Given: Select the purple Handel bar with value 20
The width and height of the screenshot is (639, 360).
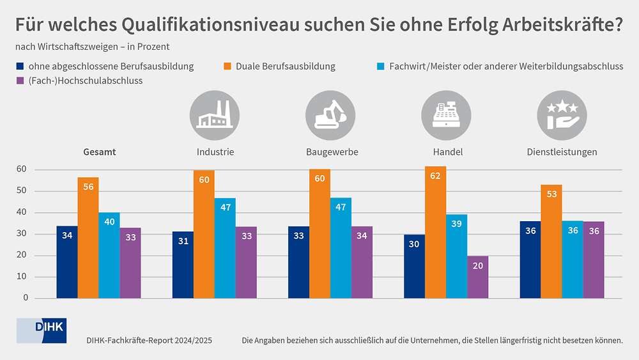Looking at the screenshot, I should (477, 277).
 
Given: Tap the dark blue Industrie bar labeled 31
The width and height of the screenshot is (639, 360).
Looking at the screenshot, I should (183, 265).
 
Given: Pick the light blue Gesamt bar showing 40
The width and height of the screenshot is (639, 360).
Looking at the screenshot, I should (109, 255).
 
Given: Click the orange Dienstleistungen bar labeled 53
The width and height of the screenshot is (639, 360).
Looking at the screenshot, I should (551, 241).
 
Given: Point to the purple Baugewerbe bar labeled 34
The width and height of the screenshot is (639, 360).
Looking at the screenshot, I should (362, 262).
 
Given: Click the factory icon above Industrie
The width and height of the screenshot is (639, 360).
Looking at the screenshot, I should (215, 116).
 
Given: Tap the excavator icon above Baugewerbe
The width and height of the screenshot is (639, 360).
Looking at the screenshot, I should (330, 116).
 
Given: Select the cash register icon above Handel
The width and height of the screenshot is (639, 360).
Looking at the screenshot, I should (446, 116).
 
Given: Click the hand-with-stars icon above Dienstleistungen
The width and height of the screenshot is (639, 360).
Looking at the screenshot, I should (562, 116).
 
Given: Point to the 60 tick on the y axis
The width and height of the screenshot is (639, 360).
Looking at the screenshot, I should (22, 169).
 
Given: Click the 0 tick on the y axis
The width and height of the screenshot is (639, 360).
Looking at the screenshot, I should (26, 298).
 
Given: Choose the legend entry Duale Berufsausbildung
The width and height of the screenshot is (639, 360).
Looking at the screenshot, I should (285, 66).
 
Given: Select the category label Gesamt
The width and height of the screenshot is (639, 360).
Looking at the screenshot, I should (100, 152).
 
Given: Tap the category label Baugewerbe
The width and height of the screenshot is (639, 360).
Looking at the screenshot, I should (331, 152).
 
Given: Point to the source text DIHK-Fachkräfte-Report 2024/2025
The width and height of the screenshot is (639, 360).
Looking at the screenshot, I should (149, 341).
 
